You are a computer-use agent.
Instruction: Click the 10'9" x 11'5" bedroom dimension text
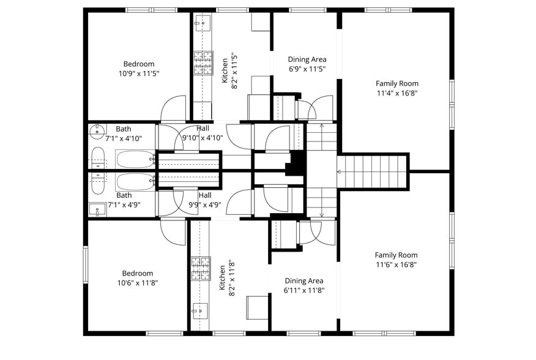(139, 73)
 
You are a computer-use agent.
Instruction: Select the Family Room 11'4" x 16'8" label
(396, 89)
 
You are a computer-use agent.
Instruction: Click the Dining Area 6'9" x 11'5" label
(307, 64)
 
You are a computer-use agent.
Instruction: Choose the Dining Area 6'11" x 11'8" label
(303, 285)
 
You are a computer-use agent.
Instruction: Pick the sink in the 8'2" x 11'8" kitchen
(199, 310)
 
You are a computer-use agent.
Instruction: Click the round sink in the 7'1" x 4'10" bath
(98, 131)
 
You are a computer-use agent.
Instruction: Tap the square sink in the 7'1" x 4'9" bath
(97, 209)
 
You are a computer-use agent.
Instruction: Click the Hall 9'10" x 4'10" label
(202, 133)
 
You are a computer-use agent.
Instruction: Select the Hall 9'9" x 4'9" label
(204, 200)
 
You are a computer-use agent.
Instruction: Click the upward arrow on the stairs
(321, 126)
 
